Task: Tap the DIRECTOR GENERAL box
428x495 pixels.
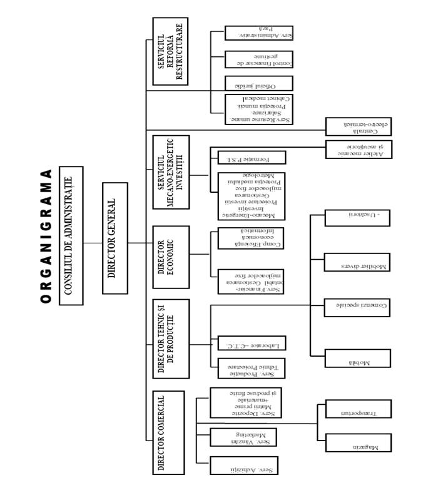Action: (x=115, y=238)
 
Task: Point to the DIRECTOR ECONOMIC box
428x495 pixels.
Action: (x=170, y=257)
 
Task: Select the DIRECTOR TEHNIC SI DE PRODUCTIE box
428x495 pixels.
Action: (x=170, y=339)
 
